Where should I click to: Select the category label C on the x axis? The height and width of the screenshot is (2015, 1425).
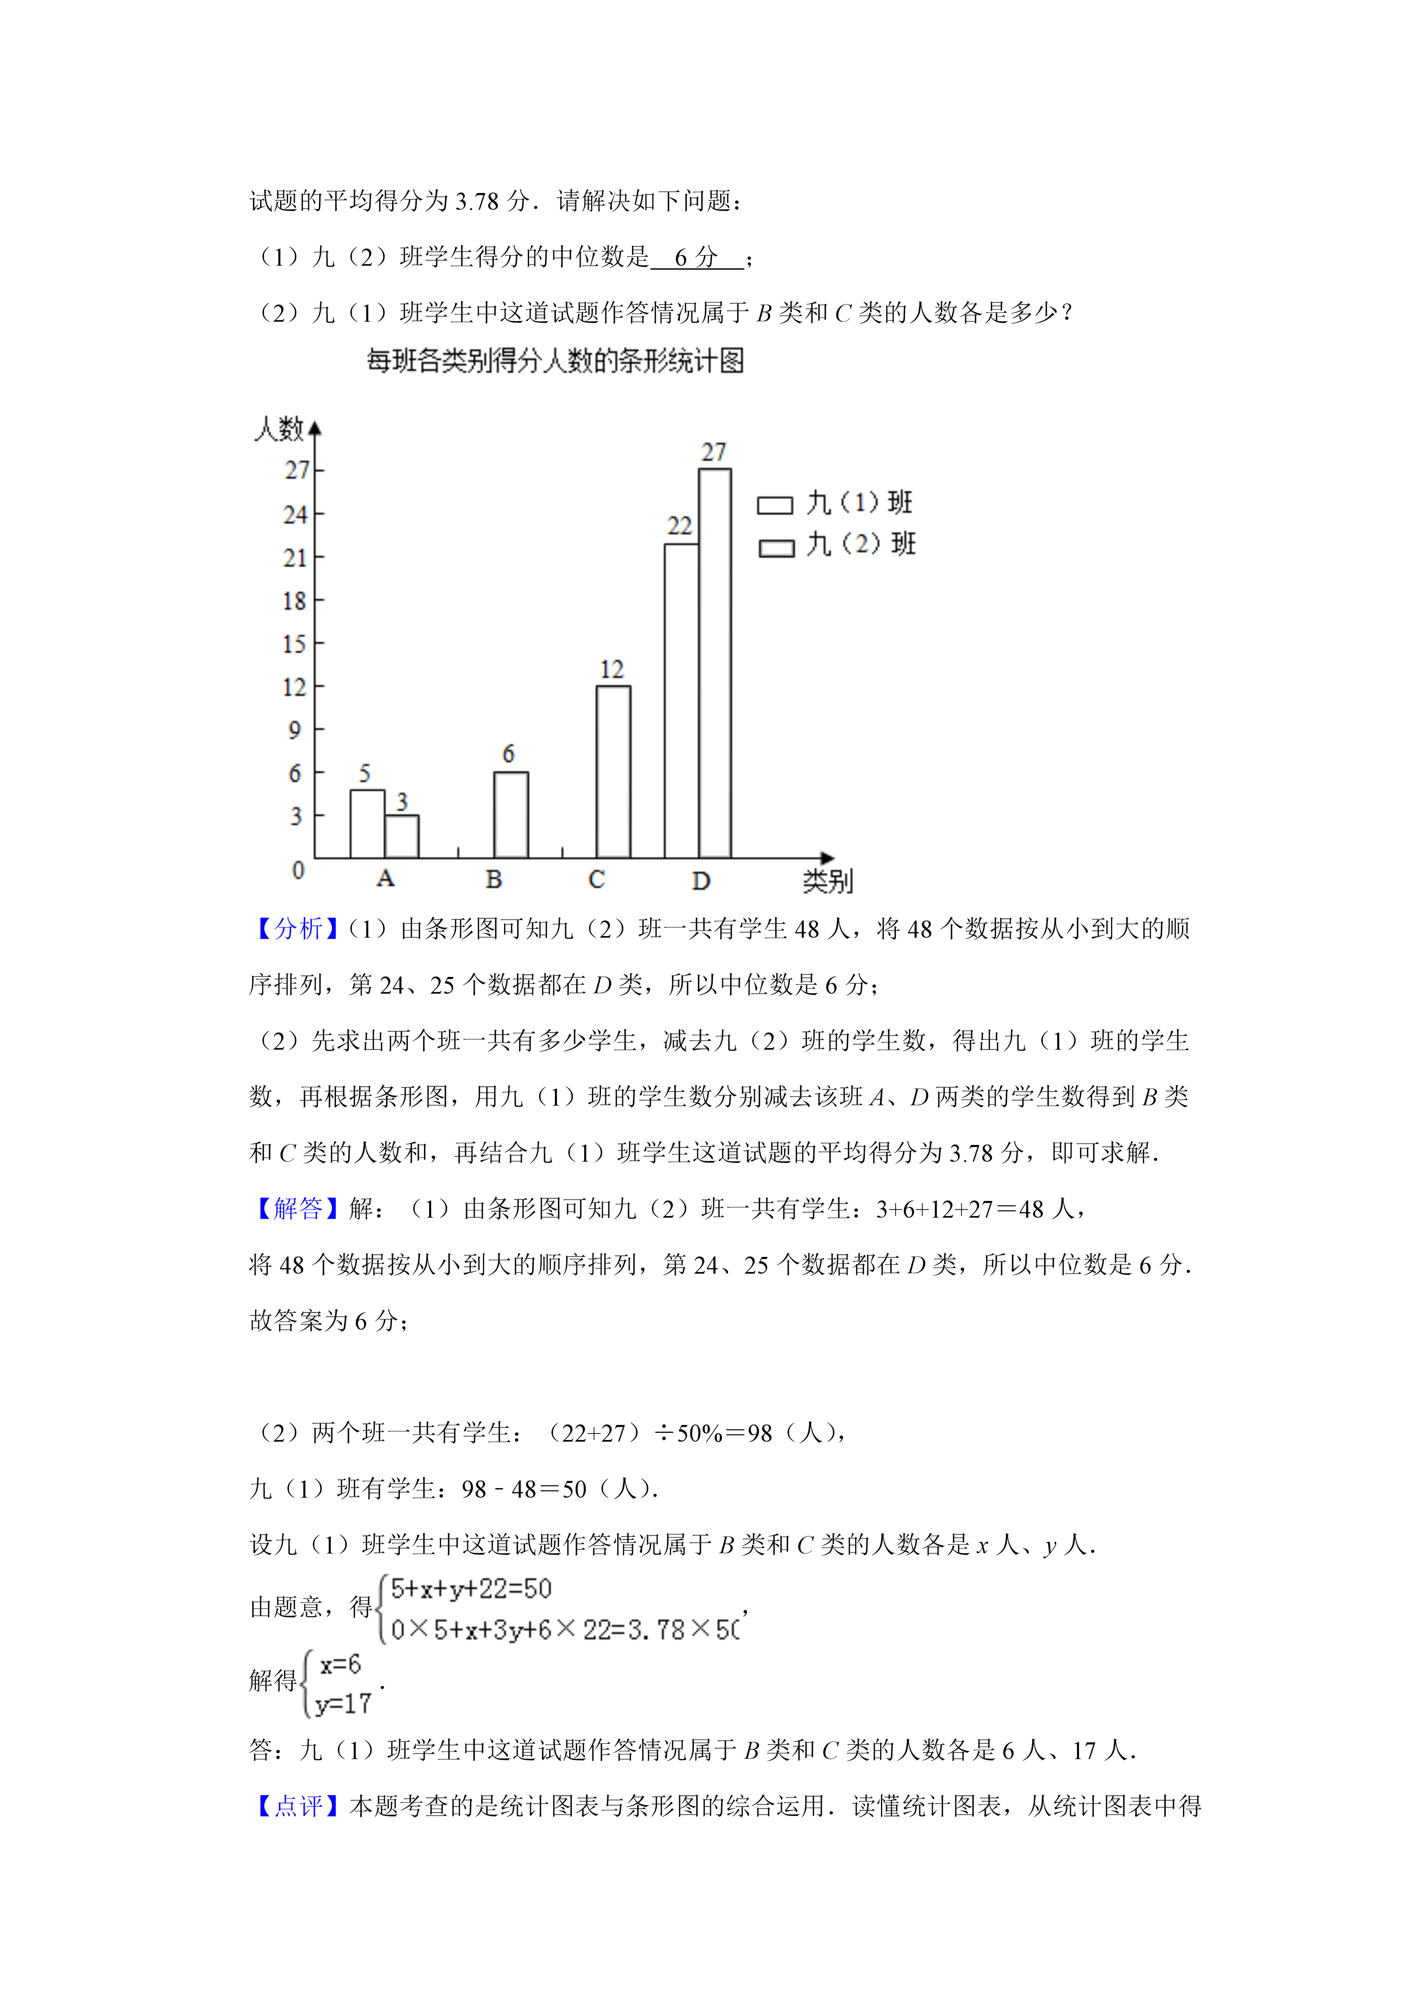coord(597,880)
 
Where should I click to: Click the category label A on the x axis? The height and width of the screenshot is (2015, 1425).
coord(385,878)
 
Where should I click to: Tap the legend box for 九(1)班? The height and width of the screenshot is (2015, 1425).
coord(775,506)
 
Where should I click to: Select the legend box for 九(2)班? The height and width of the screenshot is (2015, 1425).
coord(776,547)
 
